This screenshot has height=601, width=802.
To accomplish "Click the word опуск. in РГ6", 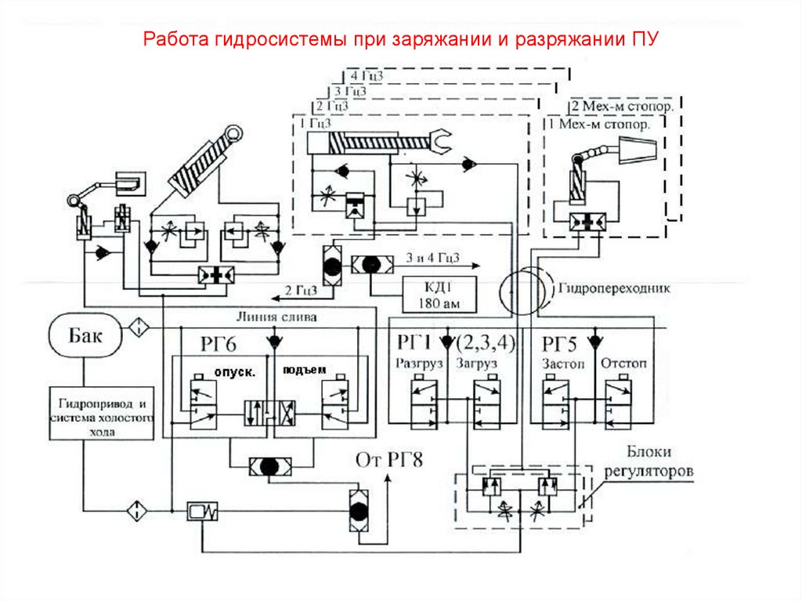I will point(235,372).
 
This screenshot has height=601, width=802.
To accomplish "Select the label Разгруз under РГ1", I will point(421,364).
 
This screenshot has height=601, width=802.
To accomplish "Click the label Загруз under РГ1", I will point(478,364).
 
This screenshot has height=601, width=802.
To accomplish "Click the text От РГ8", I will point(389,459).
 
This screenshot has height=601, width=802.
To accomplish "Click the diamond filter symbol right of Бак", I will point(138,326).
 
